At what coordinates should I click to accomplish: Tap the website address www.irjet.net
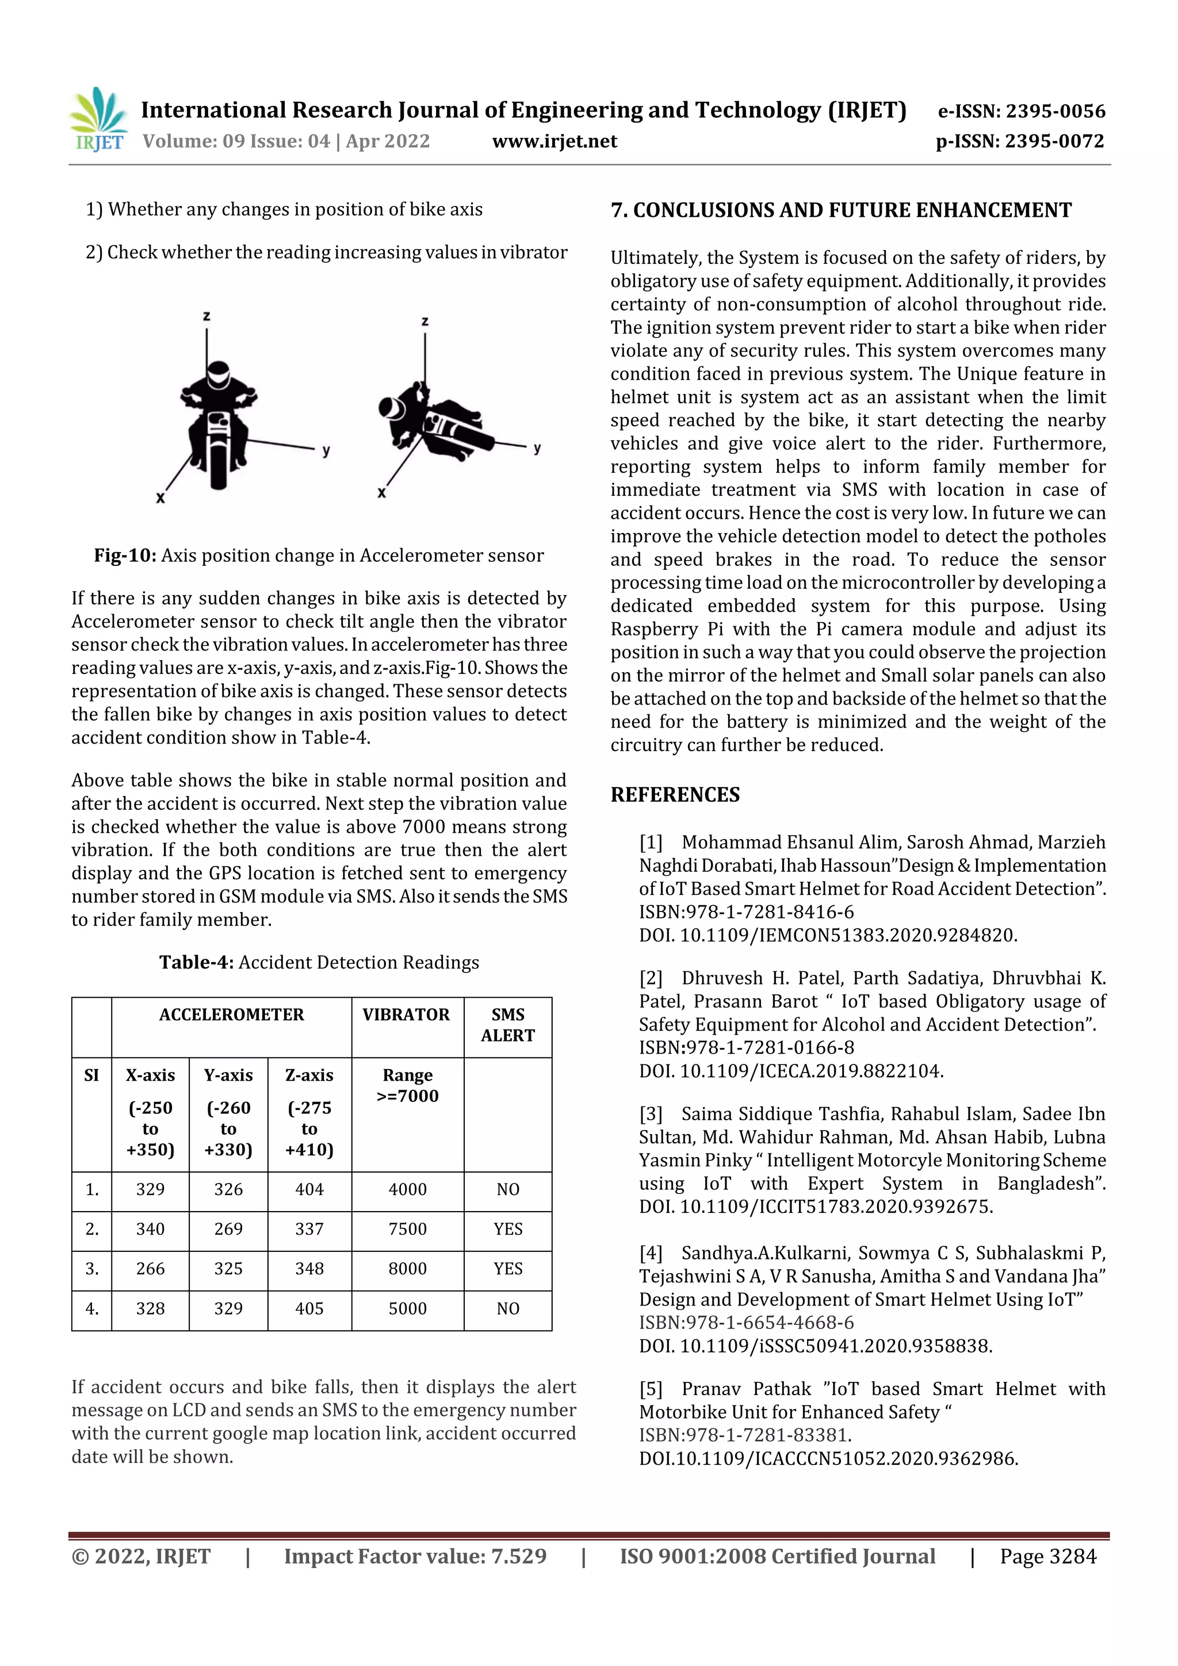coord(554,141)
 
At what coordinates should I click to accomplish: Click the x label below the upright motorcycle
coord(160,498)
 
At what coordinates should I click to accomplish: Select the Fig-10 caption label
coord(125,556)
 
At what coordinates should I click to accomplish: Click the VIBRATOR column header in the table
coord(407,1014)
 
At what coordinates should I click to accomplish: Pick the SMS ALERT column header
coord(507,1025)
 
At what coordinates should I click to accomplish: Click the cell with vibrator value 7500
coord(407,1229)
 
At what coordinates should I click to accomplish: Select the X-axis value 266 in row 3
coord(150,1269)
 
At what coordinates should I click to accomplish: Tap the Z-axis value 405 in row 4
coord(309,1309)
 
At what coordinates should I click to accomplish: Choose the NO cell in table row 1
coord(507,1189)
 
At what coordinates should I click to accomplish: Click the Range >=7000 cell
coord(407,1086)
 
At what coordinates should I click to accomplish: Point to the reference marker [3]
coord(651,1114)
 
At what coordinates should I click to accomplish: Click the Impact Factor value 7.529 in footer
coord(518,1556)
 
